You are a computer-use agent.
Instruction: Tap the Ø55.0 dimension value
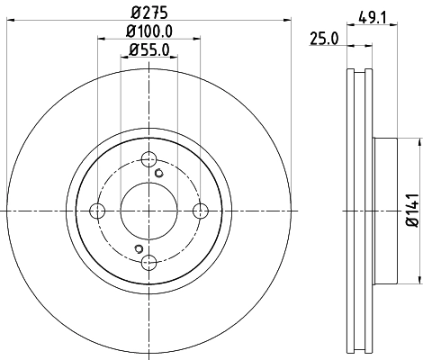tap(149, 51)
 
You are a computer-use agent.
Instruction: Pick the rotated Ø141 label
tap(410, 210)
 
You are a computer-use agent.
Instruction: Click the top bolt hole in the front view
tap(150, 159)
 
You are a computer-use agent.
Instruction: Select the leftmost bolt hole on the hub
tap(99, 211)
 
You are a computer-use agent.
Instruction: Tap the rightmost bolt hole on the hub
tap(202, 211)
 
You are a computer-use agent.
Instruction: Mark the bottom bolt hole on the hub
tap(150, 262)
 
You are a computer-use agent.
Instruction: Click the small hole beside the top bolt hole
tap(160, 173)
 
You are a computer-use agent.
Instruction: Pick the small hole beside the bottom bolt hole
tap(138, 248)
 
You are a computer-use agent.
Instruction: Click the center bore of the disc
tap(150, 211)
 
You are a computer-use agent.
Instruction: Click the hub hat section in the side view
tap(382, 211)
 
